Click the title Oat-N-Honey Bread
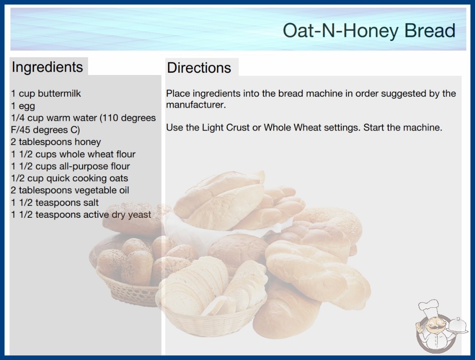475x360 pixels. tap(369, 30)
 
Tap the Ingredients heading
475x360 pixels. tap(47, 67)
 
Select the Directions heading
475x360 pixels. tap(199, 68)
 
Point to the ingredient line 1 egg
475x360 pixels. tap(23, 106)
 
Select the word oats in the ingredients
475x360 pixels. tap(119, 178)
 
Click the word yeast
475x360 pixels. tap(139, 215)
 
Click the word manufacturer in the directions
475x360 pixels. tap(195, 105)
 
